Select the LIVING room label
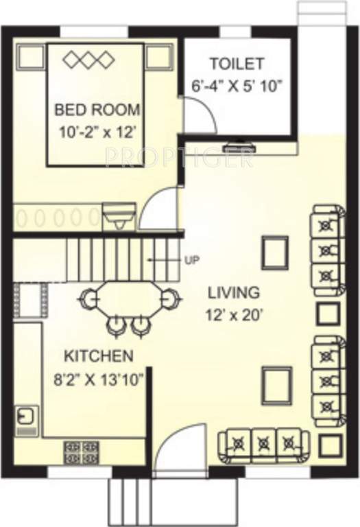click(x=234, y=292)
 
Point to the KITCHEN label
click(x=98, y=356)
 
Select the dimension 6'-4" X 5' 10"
click(x=237, y=87)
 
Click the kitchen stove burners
click(x=81, y=453)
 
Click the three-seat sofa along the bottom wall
click(x=260, y=445)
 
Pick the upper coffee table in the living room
click(x=275, y=250)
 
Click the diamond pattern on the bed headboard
click(x=88, y=60)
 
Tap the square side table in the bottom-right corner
click(x=333, y=445)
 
